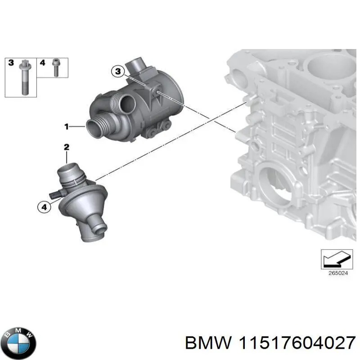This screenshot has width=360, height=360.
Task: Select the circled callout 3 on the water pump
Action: click(x=117, y=71)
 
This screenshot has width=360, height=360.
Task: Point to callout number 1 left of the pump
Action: click(x=66, y=127)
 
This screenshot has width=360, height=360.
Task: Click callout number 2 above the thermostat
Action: click(x=66, y=147)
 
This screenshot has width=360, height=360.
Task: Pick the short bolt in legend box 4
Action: click(x=56, y=68)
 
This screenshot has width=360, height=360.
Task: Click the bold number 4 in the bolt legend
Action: click(x=42, y=63)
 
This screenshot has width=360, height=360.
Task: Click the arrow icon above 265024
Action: click(x=335, y=258)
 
